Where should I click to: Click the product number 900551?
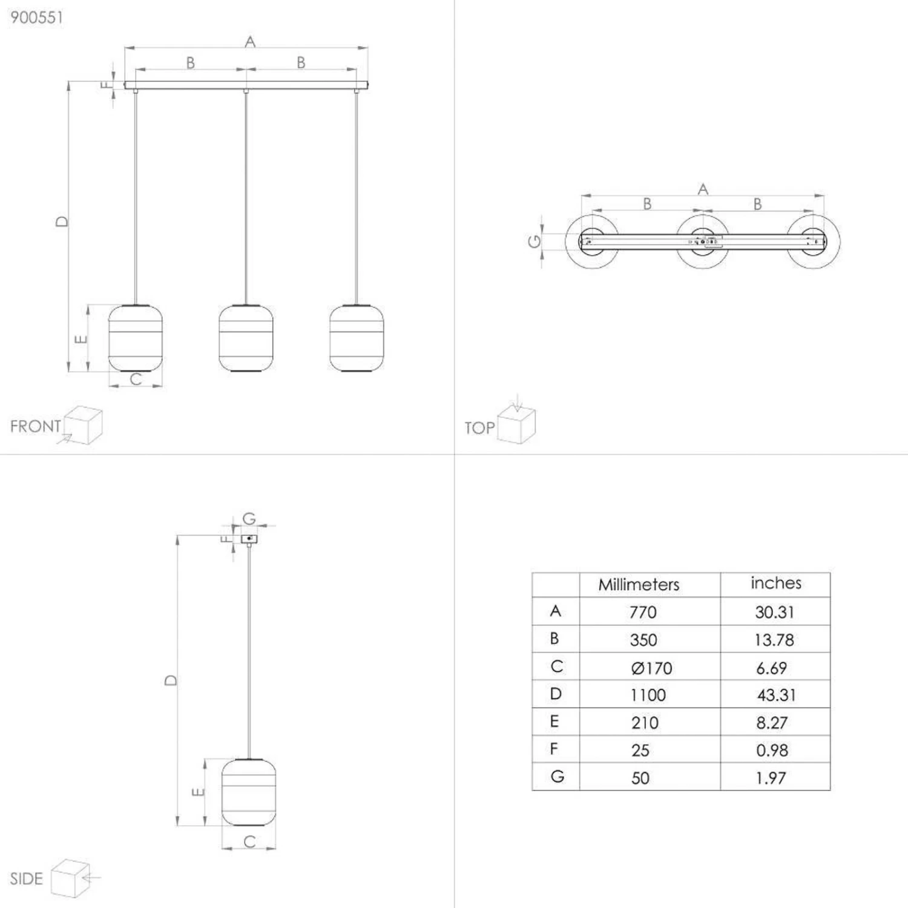click(x=36, y=18)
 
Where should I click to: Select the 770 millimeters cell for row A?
click(x=643, y=612)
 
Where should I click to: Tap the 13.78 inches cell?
click(x=774, y=640)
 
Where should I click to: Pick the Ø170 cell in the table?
click(x=651, y=668)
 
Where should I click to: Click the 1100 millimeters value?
click(x=648, y=695)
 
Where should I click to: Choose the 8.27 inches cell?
click(x=772, y=723)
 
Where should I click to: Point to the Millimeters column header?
click(x=639, y=584)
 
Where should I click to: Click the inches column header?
click(x=776, y=582)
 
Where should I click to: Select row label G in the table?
click(x=557, y=776)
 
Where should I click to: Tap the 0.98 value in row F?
click(x=772, y=751)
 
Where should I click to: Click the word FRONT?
click(x=36, y=426)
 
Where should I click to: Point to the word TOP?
click(x=479, y=428)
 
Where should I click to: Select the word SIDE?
click(x=27, y=878)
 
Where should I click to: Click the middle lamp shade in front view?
click(x=246, y=338)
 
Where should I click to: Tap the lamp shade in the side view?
click(x=249, y=792)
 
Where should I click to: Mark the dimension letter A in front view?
click(x=250, y=42)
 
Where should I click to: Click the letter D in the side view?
click(x=171, y=680)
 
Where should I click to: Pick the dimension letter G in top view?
click(x=535, y=242)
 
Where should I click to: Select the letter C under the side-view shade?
click(x=249, y=841)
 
